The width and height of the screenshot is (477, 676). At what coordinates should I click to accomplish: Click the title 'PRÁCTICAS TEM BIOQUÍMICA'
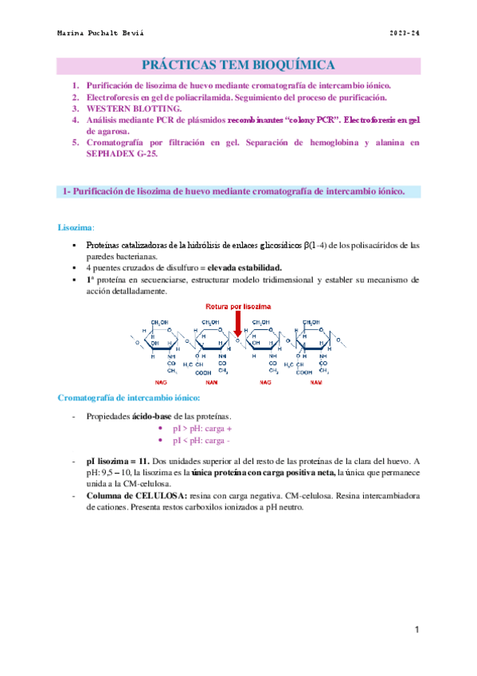(238, 65)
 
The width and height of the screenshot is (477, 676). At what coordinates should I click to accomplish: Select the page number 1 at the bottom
(416, 630)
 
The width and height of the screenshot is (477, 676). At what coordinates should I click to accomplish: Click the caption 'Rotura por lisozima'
(238, 306)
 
